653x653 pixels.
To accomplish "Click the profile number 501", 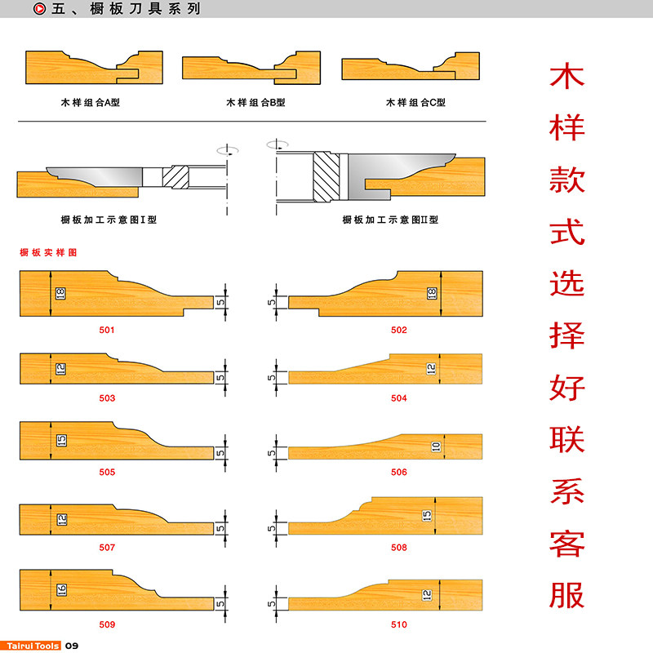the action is pos(107,331).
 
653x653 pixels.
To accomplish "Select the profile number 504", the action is pos(398,398).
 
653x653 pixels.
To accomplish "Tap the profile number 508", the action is pos(398,548).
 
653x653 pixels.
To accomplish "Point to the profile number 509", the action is pos(107,624).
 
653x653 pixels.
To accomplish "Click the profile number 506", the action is pos(398,473).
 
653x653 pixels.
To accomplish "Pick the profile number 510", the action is pos(398,624).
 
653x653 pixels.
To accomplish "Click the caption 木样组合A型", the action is pos(91,103).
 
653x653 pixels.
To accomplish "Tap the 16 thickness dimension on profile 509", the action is pos(61,589).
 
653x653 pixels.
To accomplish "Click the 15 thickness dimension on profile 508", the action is pos(426,515).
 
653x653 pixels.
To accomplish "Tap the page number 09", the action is pos(71,646).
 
